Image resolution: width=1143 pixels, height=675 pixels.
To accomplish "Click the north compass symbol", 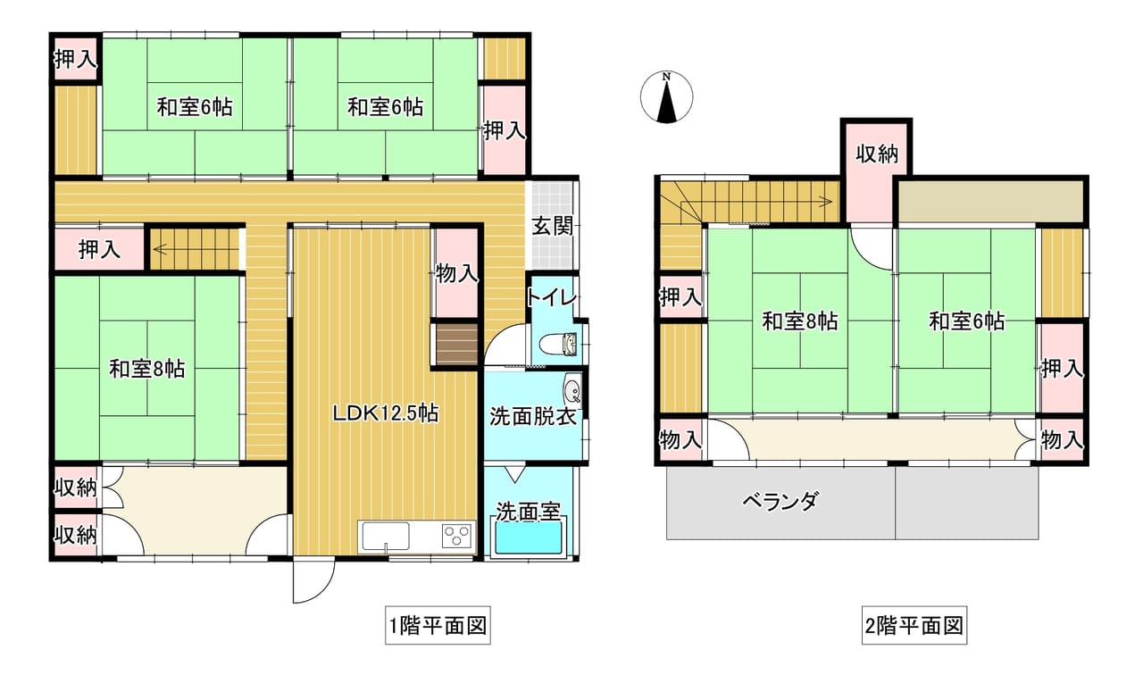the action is click(666, 97).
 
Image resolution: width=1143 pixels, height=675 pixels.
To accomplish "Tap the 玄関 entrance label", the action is click(553, 226).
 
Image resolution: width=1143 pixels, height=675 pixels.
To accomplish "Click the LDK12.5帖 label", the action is click(386, 413).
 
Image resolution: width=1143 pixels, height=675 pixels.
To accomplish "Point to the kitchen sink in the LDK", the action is click(386, 537).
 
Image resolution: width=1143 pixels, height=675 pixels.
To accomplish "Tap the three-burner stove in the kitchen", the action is click(456, 537).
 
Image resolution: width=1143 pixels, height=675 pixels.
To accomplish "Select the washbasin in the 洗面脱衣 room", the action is click(572, 390).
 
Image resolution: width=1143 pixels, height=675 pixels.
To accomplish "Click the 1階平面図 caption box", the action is click(438, 626).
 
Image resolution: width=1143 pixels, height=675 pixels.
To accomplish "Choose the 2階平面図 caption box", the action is click(914, 626).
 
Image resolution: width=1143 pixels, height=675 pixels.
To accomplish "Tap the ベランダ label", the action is click(780, 502).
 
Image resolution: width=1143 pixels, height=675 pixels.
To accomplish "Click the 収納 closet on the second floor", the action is click(877, 171).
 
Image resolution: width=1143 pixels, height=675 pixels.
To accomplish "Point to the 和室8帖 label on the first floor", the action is click(147, 369).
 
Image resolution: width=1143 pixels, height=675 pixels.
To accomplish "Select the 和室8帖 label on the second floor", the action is click(799, 321).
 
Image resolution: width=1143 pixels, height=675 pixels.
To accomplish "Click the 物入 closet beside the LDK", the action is click(456, 273).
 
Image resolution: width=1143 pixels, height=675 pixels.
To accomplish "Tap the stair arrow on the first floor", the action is click(196, 249).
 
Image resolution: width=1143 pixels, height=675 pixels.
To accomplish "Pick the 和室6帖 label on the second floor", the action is click(966, 321).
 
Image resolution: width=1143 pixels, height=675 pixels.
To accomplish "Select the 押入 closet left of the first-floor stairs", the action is click(99, 249).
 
